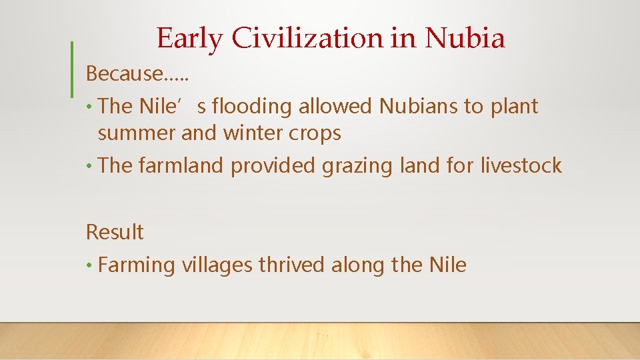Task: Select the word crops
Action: coord(316,133)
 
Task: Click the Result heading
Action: coord(115,232)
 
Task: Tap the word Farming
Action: coord(136,265)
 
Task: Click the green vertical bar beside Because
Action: coord(71,69)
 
